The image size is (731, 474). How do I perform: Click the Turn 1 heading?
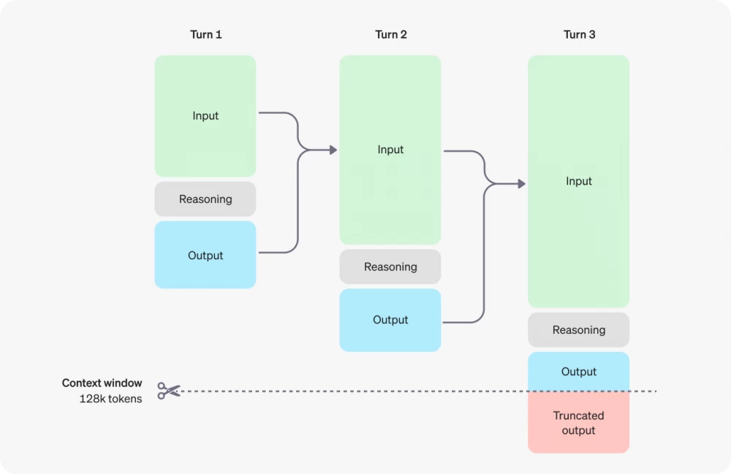pos(205,34)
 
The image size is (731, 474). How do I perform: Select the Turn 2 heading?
pos(390,34)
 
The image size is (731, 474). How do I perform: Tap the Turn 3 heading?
pos(579,34)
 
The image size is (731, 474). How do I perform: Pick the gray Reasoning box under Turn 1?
pos(205,199)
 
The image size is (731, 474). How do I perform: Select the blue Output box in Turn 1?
pos(205,255)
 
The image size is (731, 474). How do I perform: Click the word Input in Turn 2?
pos(390,150)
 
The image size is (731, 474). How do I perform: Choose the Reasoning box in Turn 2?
pos(390,267)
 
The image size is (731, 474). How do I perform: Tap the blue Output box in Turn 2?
pos(390,320)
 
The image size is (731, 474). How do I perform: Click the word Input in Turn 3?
pos(578,181)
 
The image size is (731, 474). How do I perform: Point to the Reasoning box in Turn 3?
pos(578,330)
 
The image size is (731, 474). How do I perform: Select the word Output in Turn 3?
pos(578,372)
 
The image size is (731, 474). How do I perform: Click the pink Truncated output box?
pos(578,423)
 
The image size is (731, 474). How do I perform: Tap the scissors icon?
pos(169,391)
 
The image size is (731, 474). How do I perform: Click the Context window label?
pos(102,383)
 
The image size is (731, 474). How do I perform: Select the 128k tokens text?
pos(110,399)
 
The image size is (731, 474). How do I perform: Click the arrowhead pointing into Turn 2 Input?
pos(333,150)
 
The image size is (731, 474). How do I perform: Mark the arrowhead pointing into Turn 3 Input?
pos(521,183)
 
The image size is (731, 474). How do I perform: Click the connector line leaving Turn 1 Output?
pos(278,253)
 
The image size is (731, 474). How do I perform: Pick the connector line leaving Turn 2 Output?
pos(464,322)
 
